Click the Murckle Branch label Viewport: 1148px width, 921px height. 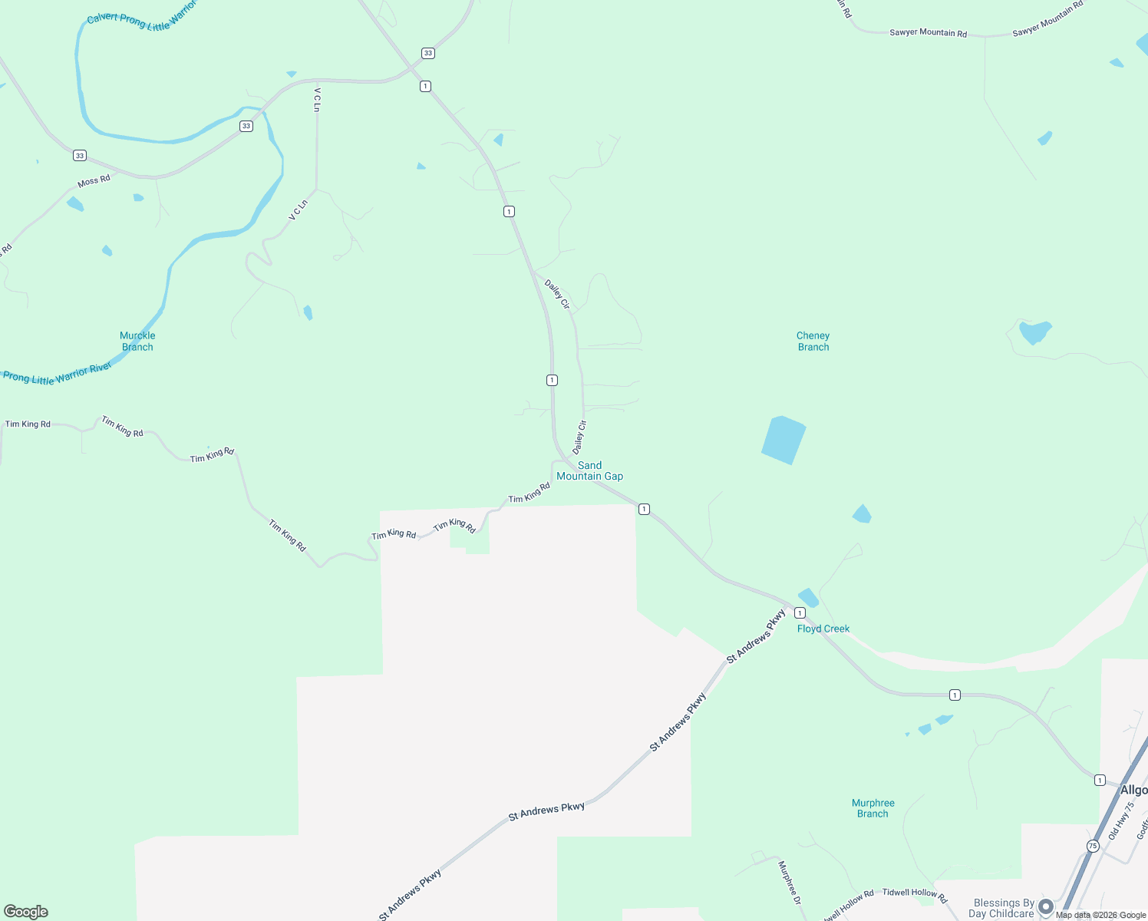(137, 342)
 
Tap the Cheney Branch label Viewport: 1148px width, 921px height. (813, 342)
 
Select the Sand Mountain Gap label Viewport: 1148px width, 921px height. (589, 470)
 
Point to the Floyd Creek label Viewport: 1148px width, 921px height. (823, 629)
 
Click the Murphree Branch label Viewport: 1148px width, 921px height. (873, 808)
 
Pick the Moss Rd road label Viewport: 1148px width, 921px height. (94, 181)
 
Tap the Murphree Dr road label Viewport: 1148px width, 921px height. (789, 882)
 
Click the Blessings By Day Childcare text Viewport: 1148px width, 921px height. (1003, 908)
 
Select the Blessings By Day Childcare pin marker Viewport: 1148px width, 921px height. (1045, 907)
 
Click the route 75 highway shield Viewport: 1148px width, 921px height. (1092, 846)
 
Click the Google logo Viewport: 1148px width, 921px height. (26, 912)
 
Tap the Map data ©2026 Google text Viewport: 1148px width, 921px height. (1100, 915)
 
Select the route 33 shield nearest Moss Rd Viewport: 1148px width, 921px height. (80, 156)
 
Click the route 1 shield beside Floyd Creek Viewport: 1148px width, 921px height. (800, 612)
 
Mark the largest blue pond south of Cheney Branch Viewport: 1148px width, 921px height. (783, 440)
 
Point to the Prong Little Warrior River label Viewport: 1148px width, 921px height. (58, 374)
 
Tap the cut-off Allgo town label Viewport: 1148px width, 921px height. (1133, 790)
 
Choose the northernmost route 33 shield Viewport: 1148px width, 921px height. (427, 53)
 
